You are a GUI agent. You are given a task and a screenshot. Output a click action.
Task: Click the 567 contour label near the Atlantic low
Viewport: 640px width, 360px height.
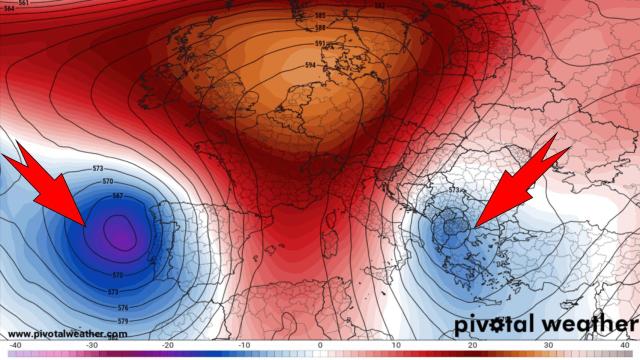118,195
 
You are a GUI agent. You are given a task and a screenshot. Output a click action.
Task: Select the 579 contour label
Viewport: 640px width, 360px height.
112,321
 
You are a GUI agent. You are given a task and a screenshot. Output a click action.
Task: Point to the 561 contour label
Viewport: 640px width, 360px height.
23,4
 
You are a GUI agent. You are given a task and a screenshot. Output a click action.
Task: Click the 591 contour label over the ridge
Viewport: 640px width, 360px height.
319,45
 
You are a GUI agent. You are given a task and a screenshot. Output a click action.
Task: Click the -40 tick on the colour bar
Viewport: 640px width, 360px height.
9,345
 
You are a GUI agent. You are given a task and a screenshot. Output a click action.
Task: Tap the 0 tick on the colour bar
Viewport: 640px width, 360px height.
320,345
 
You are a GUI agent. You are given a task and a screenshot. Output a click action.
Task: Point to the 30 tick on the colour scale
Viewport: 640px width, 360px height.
553,345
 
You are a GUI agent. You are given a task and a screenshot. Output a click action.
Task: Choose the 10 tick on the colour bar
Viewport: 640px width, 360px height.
398,345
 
